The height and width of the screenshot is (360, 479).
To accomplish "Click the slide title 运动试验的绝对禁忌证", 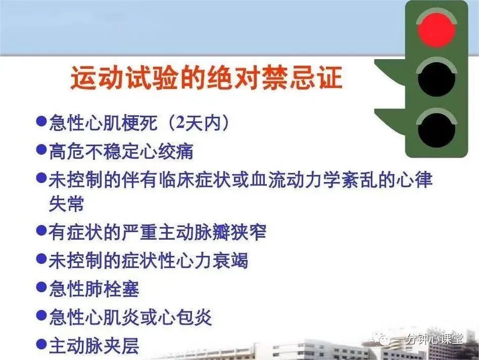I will (x=206, y=79).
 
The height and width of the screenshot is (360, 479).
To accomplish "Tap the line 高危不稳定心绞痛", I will (x=121, y=151).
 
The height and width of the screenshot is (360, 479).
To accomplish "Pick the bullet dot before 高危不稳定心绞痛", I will (x=42, y=150).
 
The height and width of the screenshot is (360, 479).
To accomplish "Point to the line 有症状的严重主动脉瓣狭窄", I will (x=157, y=232).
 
